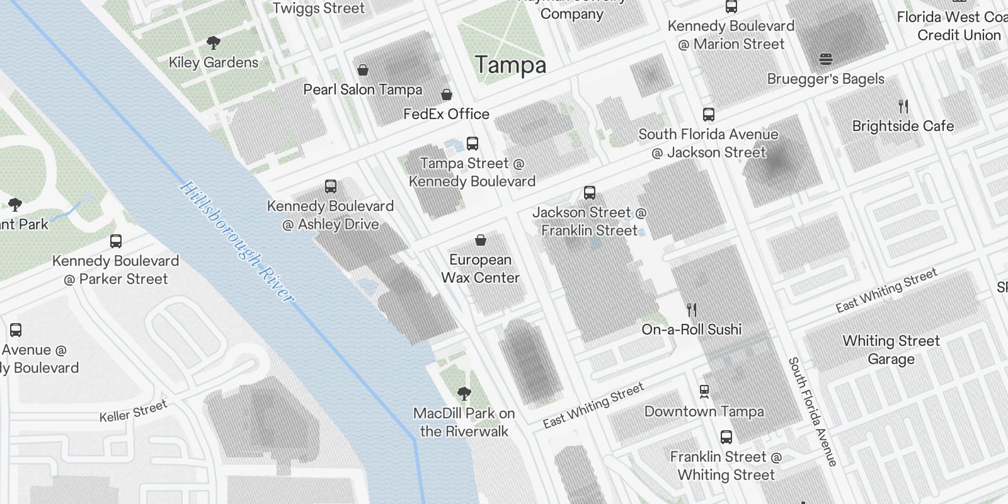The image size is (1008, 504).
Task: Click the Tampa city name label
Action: pyautogui.click(x=510, y=65)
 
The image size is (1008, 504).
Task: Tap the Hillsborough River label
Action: pyautogui.click(x=236, y=243)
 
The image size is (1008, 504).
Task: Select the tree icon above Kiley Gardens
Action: pyautogui.click(x=214, y=43)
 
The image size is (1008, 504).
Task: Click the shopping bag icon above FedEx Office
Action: pyautogui.click(x=447, y=95)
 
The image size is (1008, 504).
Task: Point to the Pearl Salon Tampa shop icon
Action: pyautogui.click(x=363, y=70)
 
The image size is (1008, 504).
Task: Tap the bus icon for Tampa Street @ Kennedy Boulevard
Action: pyautogui.click(x=472, y=144)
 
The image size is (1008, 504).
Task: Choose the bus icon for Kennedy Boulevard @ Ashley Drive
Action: pyautogui.click(x=331, y=186)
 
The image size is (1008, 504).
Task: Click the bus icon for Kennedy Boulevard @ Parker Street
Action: pyautogui.click(x=116, y=241)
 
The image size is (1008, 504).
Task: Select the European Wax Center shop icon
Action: pyautogui.click(x=481, y=240)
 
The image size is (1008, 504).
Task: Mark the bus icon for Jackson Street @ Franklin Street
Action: pyautogui.click(x=590, y=193)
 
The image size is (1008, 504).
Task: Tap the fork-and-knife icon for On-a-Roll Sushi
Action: pyautogui.click(x=692, y=310)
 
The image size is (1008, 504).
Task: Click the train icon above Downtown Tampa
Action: pyautogui.click(x=704, y=392)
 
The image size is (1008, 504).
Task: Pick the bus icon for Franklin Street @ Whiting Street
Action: pyautogui.click(x=726, y=437)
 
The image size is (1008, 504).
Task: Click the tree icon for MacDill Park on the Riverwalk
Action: pyautogui.click(x=464, y=394)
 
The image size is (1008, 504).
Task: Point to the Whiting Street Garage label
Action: pyautogui.click(x=891, y=350)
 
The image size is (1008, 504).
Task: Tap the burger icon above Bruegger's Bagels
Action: pyautogui.click(x=826, y=59)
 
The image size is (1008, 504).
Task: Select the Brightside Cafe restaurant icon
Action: pyautogui.click(x=903, y=106)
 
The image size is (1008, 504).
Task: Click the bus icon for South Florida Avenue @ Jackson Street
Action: pyautogui.click(x=709, y=115)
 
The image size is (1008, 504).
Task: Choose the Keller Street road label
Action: pyautogui.click(x=133, y=411)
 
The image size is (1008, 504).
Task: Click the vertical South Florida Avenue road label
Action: pyautogui.click(x=812, y=412)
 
